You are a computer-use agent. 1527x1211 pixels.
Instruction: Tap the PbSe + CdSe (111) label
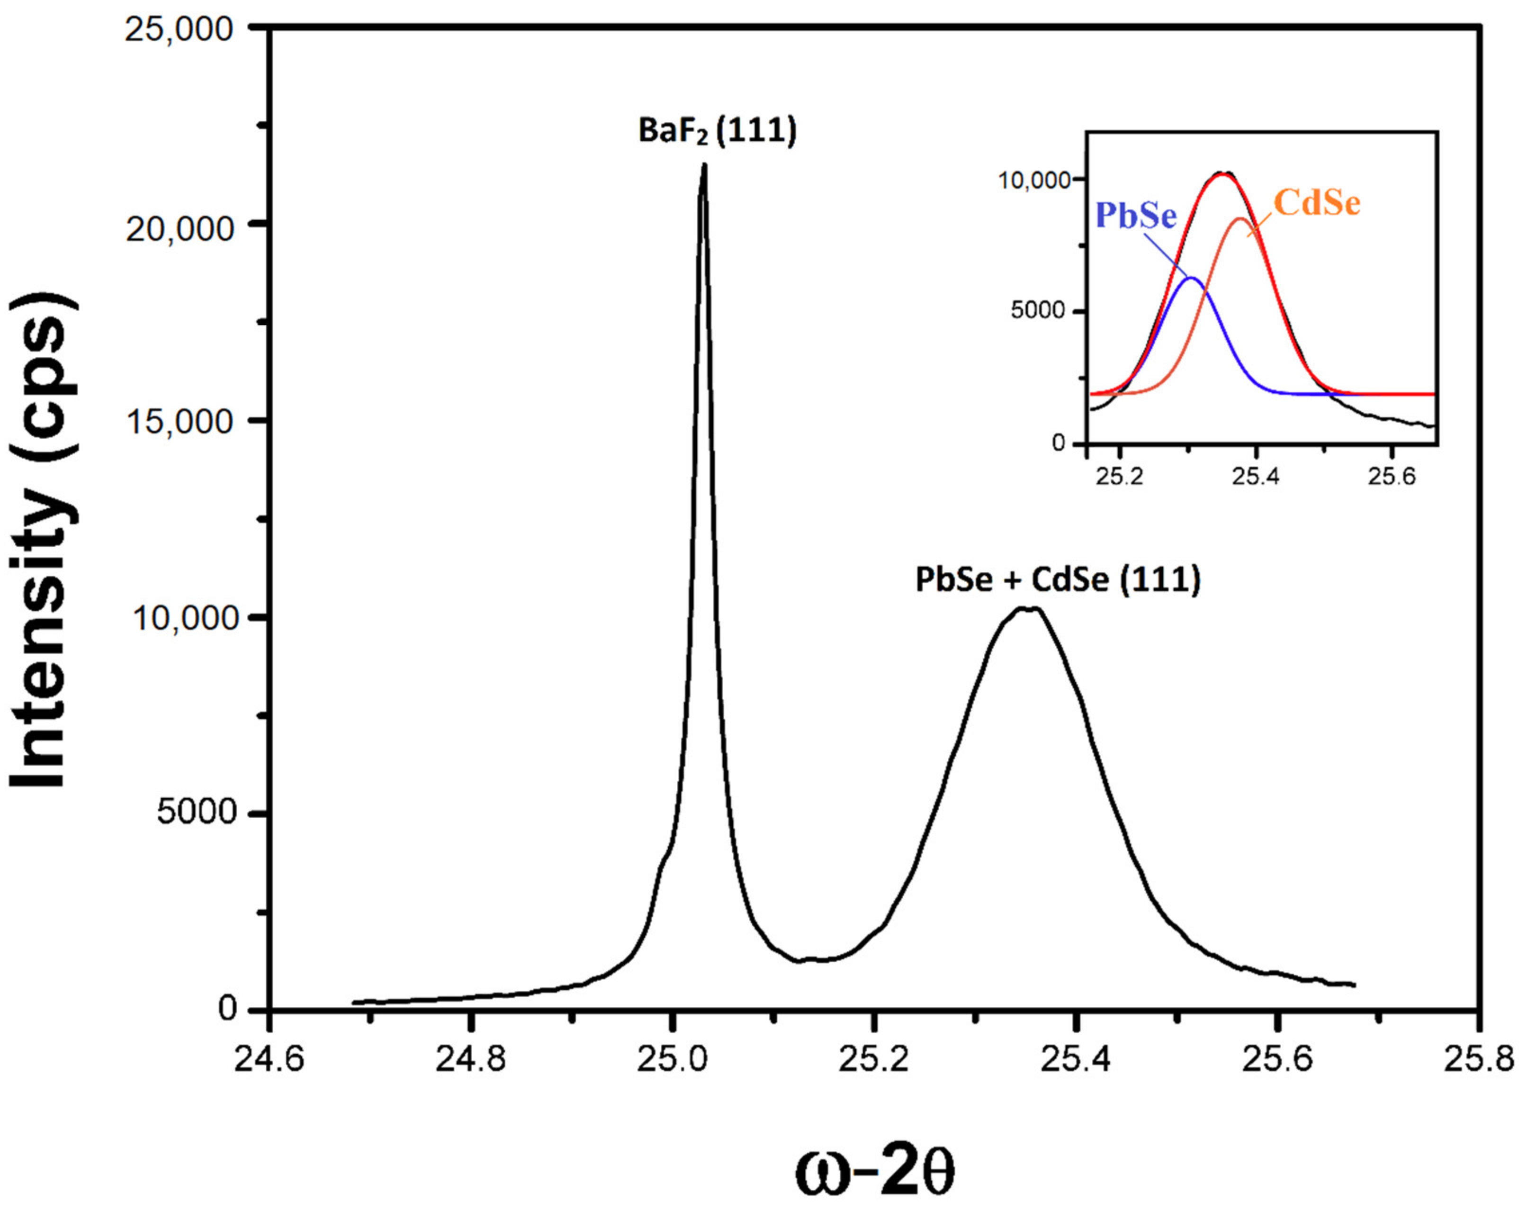pyautogui.click(x=1058, y=580)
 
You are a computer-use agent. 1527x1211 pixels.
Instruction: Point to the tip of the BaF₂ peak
pyautogui.click(x=703, y=165)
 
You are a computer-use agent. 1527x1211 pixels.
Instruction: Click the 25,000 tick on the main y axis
pyautogui.click(x=179, y=30)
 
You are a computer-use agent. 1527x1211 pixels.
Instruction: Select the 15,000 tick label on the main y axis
pyautogui.click(x=179, y=422)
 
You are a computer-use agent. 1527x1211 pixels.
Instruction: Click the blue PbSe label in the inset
pyautogui.click(x=1136, y=216)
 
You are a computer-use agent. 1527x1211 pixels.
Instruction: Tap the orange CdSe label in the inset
pyautogui.click(x=1317, y=203)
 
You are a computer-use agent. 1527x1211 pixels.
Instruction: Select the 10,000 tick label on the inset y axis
pyautogui.click(x=1033, y=180)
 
